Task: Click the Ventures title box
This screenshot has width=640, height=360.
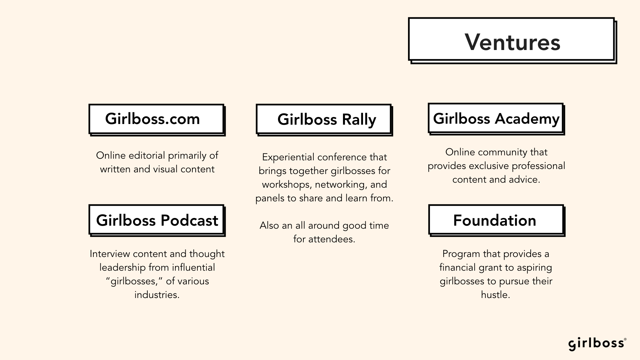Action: pos(512,40)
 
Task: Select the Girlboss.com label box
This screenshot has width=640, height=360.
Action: pos(157,120)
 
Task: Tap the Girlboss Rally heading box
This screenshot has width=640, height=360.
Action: pos(324,120)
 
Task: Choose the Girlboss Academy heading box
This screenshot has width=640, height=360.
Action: pos(496,119)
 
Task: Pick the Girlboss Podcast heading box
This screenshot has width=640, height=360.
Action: pos(157,220)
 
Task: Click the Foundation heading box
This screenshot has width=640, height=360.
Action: pos(497,220)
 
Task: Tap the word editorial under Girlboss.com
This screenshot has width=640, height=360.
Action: pos(147,155)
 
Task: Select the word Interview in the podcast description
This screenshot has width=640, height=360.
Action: pos(110,254)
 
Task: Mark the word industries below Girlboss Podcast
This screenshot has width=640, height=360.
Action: pos(156,295)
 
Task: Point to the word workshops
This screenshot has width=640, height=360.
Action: pos(286,185)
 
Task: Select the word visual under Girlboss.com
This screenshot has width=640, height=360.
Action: pos(165,169)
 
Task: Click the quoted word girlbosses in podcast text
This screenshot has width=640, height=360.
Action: pos(134,281)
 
